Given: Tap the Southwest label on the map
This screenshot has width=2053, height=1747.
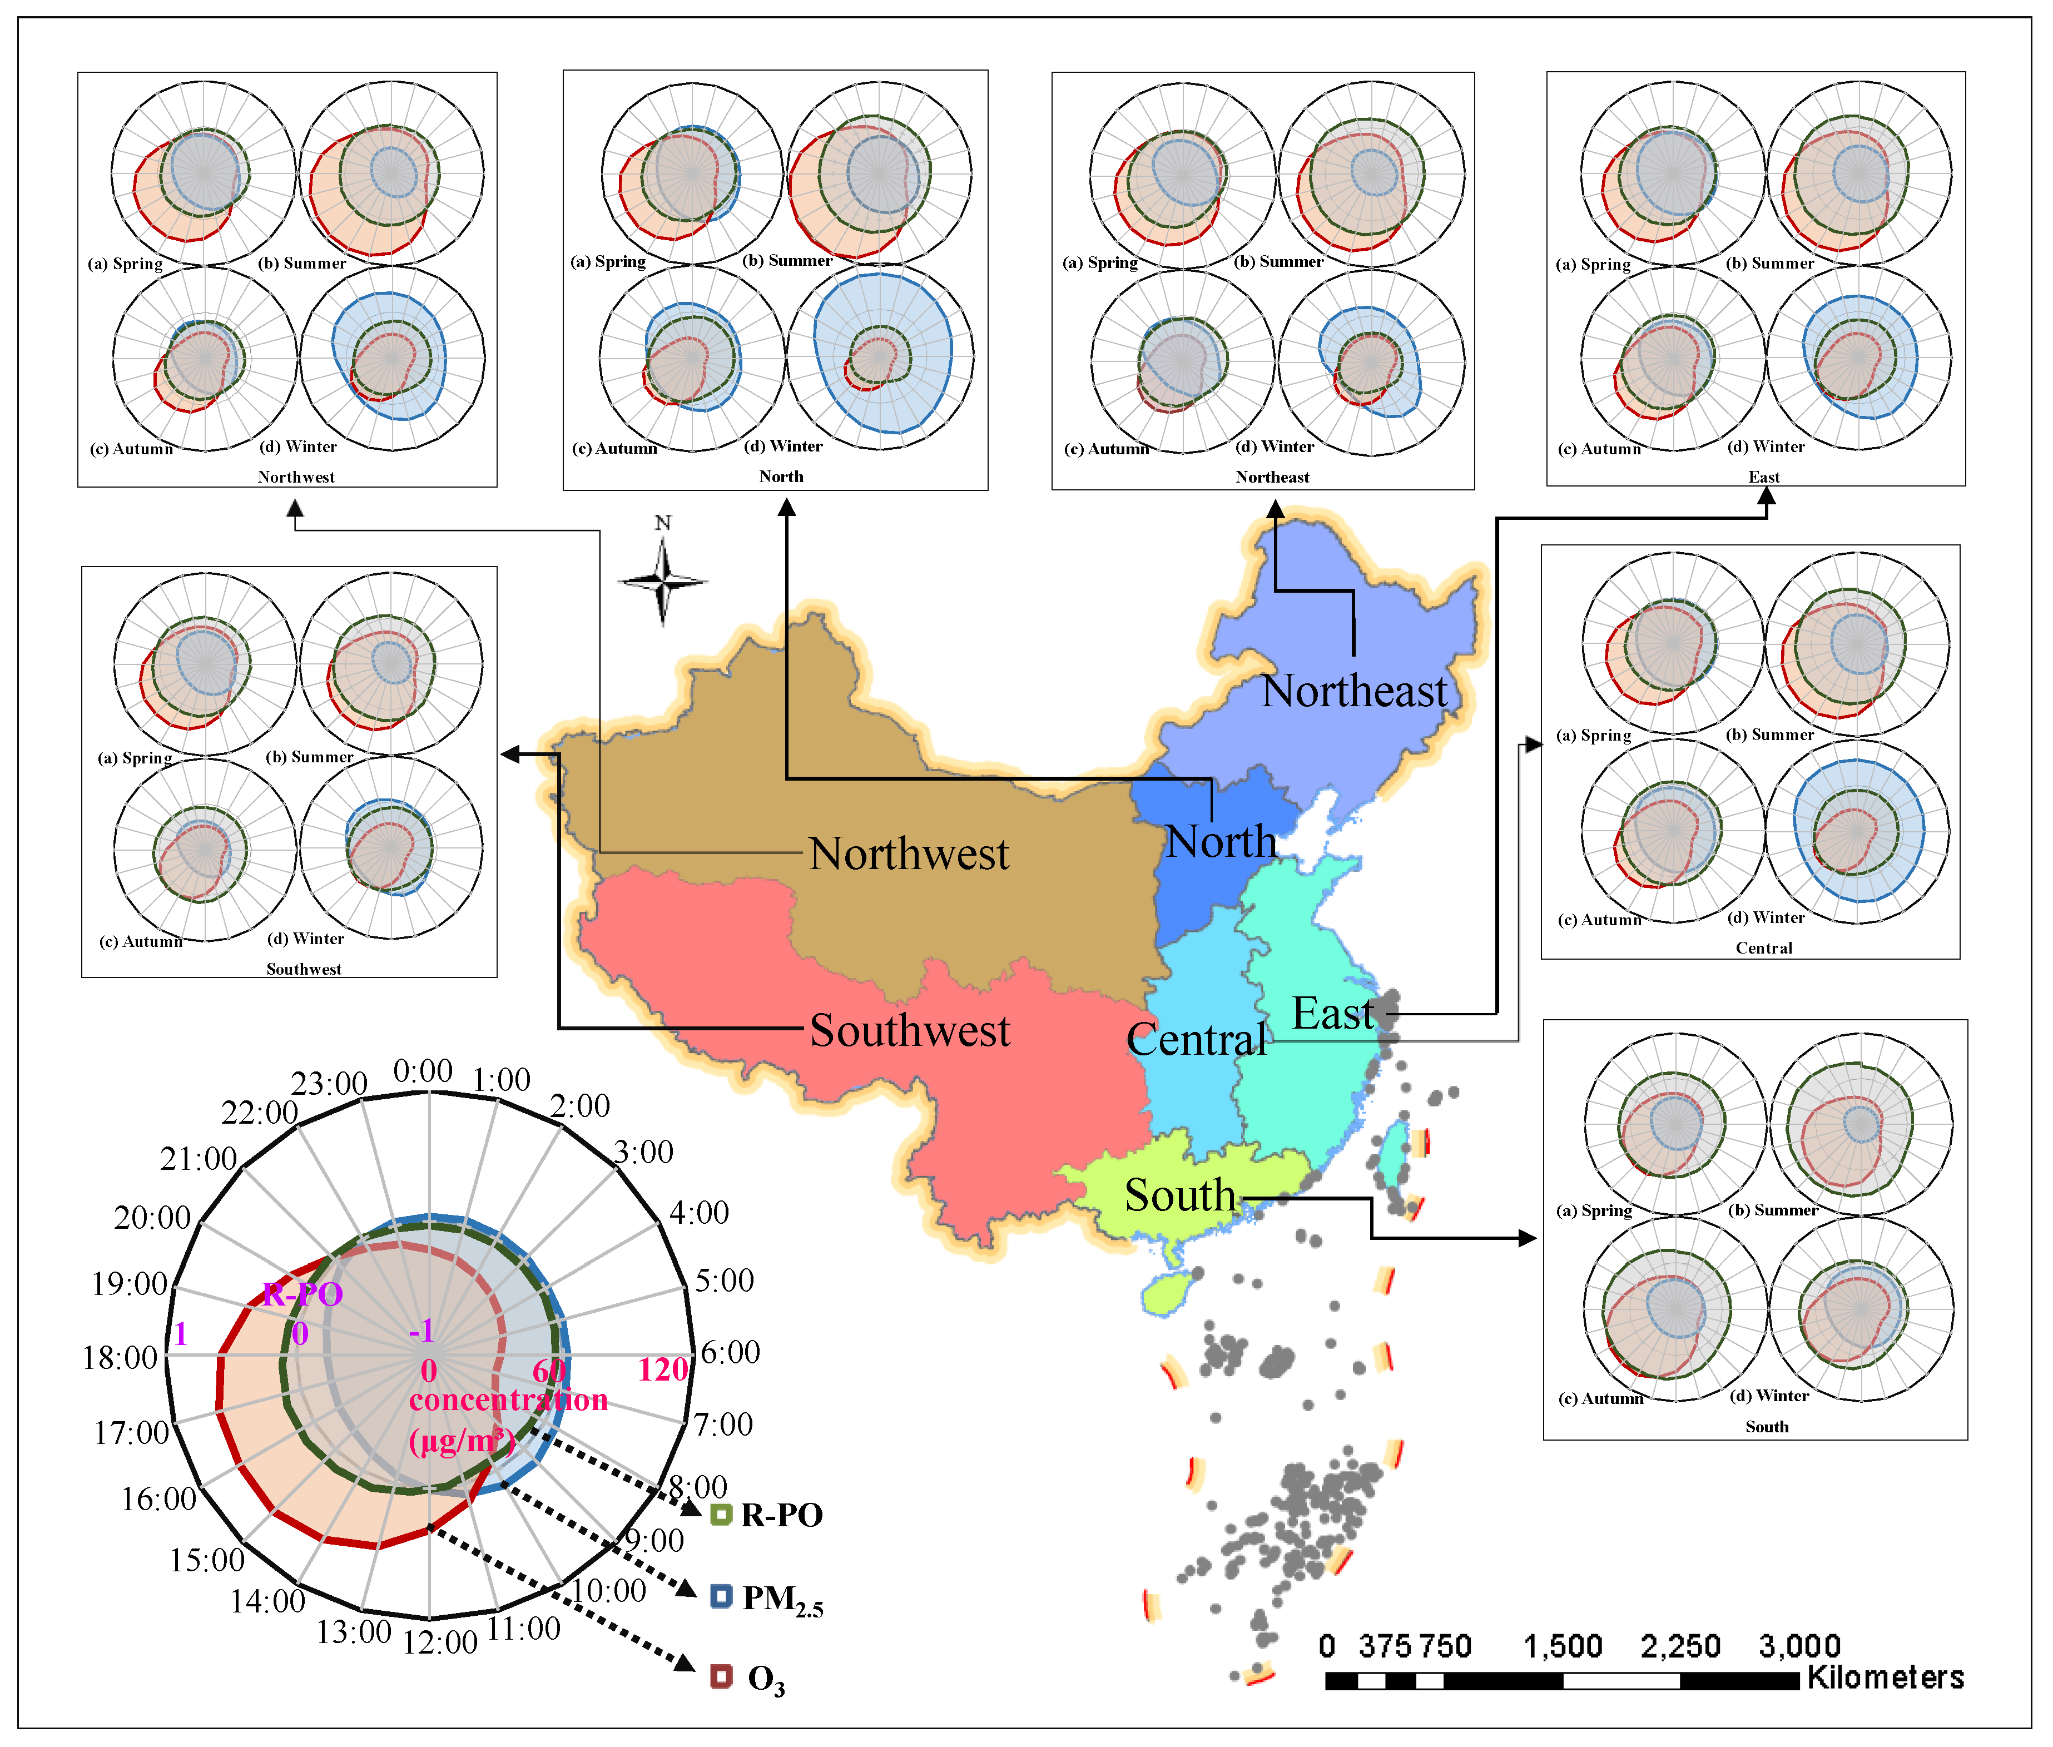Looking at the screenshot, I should pyautogui.click(x=909, y=1031).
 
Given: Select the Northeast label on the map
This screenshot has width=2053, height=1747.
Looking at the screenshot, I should pyautogui.click(x=1354, y=691).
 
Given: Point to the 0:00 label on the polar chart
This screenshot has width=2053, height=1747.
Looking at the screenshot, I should pyautogui.click(x=423, y=1071).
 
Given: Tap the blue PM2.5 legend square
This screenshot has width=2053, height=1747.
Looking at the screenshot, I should pyautogui.click(x=721, y=1596).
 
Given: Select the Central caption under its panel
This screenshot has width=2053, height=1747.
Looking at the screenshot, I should pyautogui.click(x=1764, y=948).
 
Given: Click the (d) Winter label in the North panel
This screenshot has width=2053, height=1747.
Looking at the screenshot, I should pyautogui.click(x=783, y=446).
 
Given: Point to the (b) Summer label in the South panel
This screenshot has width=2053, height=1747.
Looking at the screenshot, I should pyautogui.click(x=1773, y=1210).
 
